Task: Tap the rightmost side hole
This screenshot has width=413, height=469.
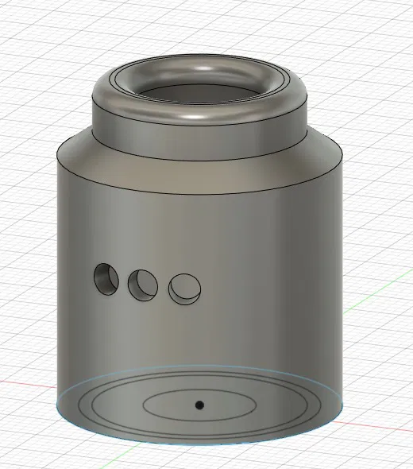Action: click(184, 288)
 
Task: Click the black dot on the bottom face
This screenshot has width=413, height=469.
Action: click(199, 405)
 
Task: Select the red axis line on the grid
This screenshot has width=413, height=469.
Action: click(24, 386)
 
